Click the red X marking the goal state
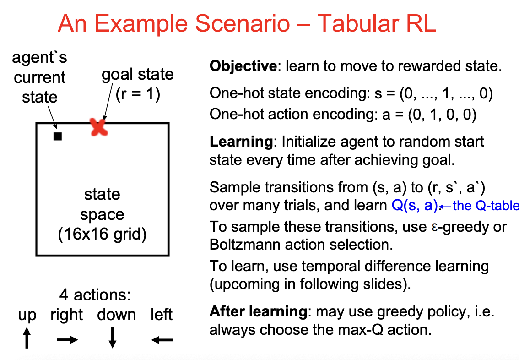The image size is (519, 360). [98, 127]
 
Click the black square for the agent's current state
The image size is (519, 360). [58, 136]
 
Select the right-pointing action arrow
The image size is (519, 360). [67, 340]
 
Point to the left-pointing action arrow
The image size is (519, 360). [162, 340]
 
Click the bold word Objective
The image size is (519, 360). [243, 66]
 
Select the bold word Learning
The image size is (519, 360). [240, 141]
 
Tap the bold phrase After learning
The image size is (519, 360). [258, 312]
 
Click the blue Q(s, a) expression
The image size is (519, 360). [415, 205]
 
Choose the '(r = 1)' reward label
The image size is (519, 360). [137, 95]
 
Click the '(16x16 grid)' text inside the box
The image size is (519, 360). [103, 235]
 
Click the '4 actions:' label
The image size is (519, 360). [95, 295]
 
